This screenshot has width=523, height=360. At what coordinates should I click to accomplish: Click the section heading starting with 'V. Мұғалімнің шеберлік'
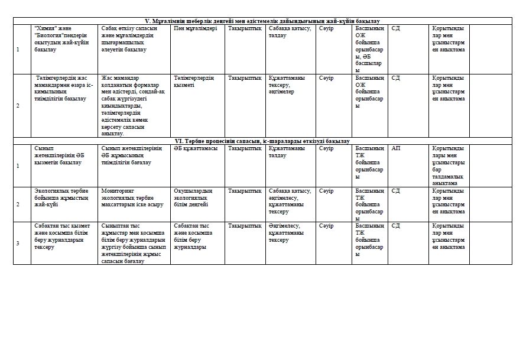[262, 21]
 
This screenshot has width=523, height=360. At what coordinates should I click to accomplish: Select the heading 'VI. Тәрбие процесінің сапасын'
[262, 141]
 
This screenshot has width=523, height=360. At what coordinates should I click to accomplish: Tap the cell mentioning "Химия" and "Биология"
[63, 39]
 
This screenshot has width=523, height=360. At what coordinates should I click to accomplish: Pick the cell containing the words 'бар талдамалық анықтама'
[449, 166]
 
